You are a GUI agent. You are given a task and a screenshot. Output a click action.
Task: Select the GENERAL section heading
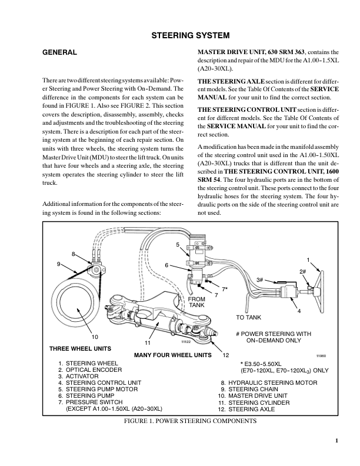tap(61, 53)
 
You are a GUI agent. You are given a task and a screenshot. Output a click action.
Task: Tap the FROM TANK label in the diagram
tap(196, 302)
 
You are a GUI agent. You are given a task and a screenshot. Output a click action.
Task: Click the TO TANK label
tap(248, 317)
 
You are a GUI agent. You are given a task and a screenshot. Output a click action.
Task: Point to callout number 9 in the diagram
tap(59, 264)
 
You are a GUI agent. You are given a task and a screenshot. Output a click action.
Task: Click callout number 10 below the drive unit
tap(94, 337)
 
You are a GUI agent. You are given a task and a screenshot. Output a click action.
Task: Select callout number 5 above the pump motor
tap(178, 244)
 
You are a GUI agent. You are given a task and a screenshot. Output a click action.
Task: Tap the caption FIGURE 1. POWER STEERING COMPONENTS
tap(191, 422)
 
